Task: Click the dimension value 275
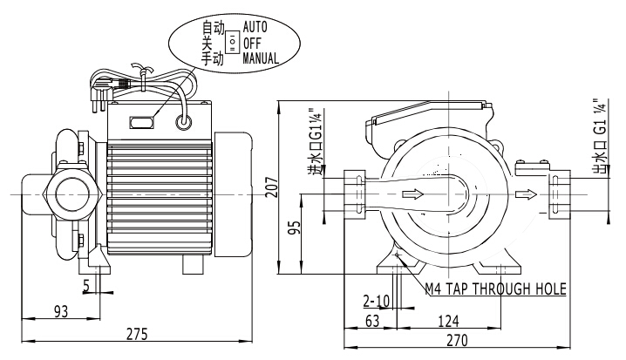[136, 333]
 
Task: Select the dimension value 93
[61, 310]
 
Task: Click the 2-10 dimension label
[376, 302]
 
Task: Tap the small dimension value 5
[87, 284]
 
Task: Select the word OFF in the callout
[252, 42]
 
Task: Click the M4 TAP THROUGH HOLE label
[495, 289]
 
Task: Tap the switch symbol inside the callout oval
[232, 43]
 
